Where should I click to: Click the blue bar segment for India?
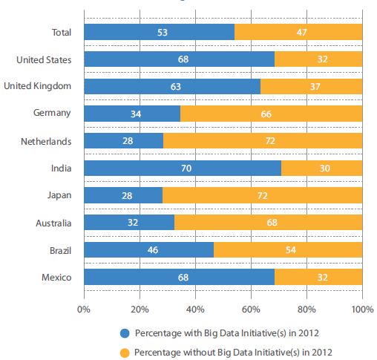coord(183,168)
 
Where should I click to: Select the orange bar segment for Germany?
coord(271,114)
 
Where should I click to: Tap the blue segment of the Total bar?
coord(159,32)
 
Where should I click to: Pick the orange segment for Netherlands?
coord(263,140)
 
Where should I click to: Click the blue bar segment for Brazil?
coord(148,249)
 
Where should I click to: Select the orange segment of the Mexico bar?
coord(318,277)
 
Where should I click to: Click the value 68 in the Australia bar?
coord(268,222)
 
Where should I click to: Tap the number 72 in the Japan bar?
coord(262,195)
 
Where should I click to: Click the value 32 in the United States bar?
coord(318,59)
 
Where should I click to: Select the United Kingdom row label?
coord(37,86)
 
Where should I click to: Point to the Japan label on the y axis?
coord(60,195)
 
